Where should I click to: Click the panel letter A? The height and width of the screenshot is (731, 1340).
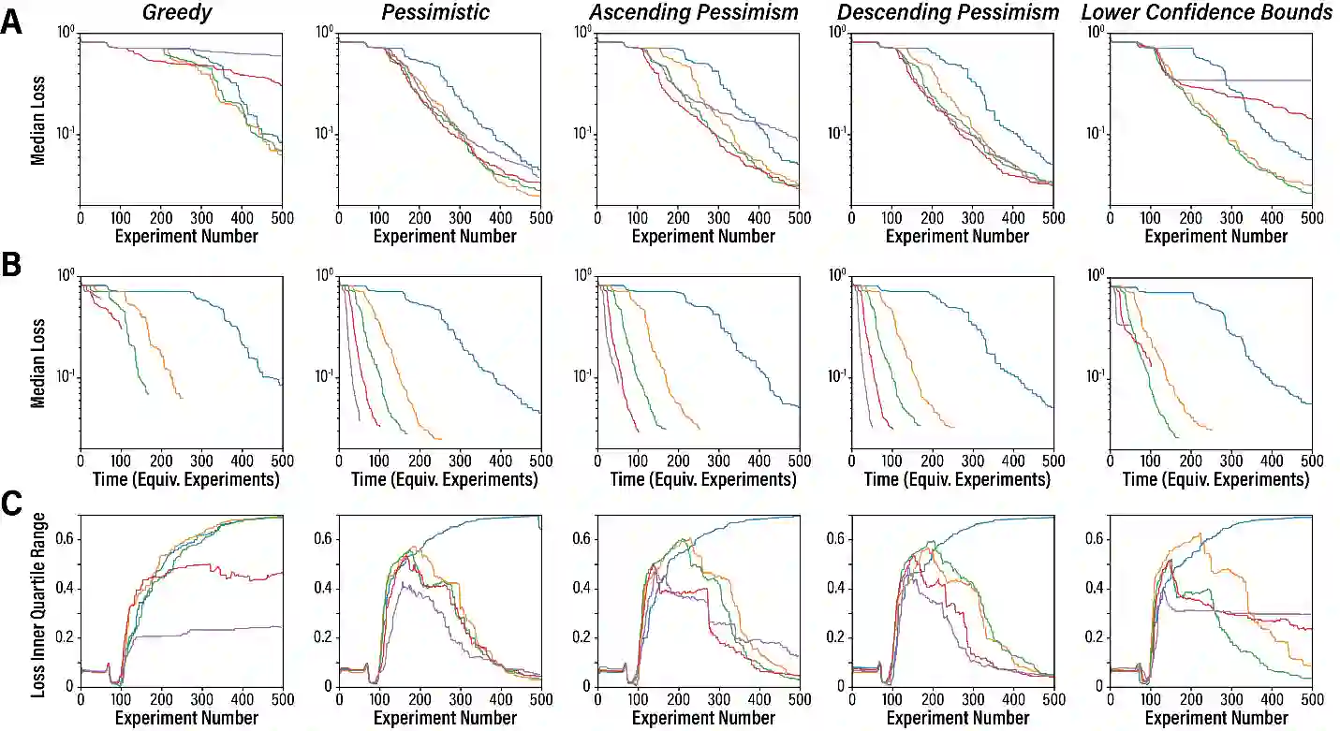[12, 22]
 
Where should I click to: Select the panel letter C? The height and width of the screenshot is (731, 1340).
[12, 504]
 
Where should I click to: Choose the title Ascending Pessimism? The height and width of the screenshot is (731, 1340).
[694, 12]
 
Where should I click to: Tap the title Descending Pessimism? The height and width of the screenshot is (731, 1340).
[949, 12]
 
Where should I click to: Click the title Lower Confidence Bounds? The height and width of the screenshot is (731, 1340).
[1207, 12]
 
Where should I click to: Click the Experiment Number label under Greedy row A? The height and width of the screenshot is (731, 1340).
[186, 236]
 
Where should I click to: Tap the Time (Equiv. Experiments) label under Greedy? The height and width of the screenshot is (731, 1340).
[180, 480]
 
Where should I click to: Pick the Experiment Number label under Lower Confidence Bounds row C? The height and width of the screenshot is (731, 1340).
[1216, 718]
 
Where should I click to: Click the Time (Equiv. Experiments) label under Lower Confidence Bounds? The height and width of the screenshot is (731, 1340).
[1215, 480]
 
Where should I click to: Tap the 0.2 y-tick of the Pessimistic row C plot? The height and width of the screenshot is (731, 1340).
[324, 637]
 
